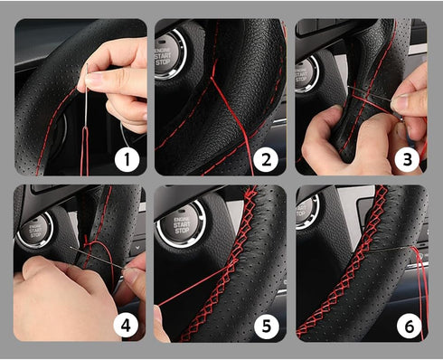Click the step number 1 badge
click(127, 160)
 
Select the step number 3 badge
click(406, 160)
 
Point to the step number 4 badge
click(127, 324)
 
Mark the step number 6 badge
click(406, 324)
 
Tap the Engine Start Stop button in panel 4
click(33, 229)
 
